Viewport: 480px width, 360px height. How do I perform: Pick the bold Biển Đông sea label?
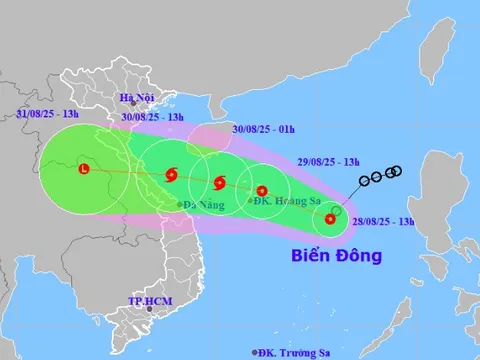[x=337, y=256]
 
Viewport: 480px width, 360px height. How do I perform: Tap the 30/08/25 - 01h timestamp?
[x=263, y=128]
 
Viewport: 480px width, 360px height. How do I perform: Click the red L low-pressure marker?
[x=84, y=169]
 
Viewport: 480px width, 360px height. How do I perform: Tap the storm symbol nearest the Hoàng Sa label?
[x=262, y=191]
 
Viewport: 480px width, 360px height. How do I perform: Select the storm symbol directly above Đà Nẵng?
[x=171, y=177]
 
